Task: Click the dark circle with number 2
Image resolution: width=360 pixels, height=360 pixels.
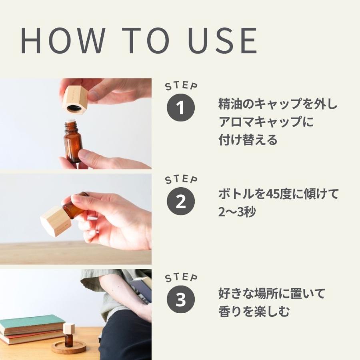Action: [181, 202]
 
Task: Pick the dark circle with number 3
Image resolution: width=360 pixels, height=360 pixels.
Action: [181, 300]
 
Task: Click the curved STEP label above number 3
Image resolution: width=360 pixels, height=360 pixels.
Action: [181, 278]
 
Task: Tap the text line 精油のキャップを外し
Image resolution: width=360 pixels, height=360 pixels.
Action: [278, 105]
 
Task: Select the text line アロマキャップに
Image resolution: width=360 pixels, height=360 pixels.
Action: [266, 122]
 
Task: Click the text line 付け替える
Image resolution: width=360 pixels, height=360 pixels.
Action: [248, 140]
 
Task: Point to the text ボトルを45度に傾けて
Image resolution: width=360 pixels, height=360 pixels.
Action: [278, 194]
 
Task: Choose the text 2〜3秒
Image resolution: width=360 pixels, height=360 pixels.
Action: [237, 212]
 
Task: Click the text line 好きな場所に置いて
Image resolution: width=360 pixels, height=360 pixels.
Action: [272, 294]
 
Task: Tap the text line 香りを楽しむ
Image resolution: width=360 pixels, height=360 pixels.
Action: [254, 311]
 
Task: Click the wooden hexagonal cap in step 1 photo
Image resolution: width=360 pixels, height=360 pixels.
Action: [76, 100]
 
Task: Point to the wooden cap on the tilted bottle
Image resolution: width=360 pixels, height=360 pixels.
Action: [56, 220]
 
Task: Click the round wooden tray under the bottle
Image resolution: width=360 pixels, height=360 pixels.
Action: [69, 347]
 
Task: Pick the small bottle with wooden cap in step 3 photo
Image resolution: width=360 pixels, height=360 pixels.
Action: [69, 334]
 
